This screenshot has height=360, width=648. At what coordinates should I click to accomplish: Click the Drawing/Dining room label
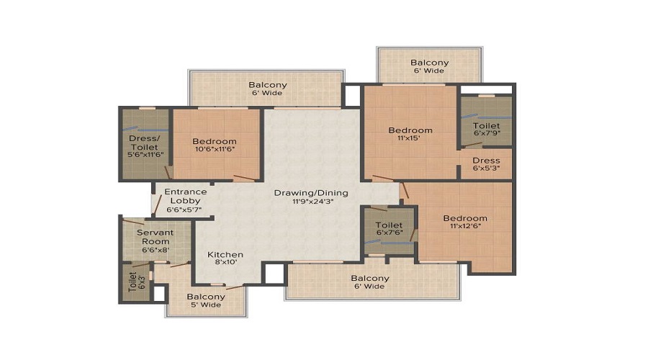[x=311, y=193]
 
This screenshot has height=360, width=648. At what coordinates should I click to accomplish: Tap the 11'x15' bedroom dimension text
[x=409, y=138]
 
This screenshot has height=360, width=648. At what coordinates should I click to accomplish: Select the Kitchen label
[x=225, y=255]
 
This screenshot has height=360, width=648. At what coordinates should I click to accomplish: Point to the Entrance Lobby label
[x=186, y=196]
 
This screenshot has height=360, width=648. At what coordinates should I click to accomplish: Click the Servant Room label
[x=156, y=237]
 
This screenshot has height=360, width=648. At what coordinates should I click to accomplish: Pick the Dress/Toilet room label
[x=144, y=143]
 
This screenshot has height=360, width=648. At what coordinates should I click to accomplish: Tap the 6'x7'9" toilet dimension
[x=487, y=133]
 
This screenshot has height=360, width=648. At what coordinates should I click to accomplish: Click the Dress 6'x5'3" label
[x=487, y=163]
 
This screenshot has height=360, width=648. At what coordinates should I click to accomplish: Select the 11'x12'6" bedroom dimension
[x=465, y=226]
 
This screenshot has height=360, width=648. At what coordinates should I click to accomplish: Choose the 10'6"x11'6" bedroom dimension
[x=215, y=149]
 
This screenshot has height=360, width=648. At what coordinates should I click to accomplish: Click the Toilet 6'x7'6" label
[x=389, y=228]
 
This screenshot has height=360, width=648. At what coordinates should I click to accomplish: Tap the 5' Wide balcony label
[x=205, y=305]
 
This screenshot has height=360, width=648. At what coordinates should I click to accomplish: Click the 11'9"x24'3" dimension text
[x=313, y=202]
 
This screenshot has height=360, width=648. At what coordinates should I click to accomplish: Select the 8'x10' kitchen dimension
[x=225, y=262]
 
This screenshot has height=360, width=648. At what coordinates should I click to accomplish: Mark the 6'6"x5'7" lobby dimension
[x=184, y=210]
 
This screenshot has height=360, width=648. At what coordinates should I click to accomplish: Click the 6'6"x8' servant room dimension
[x=156, y=250]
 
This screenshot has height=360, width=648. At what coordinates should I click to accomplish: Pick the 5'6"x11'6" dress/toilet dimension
[x=145, y=155]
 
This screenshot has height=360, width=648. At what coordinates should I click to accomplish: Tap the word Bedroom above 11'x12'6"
[x=465, y=218]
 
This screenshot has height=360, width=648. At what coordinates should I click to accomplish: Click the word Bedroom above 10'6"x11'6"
[x=215, y=141]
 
